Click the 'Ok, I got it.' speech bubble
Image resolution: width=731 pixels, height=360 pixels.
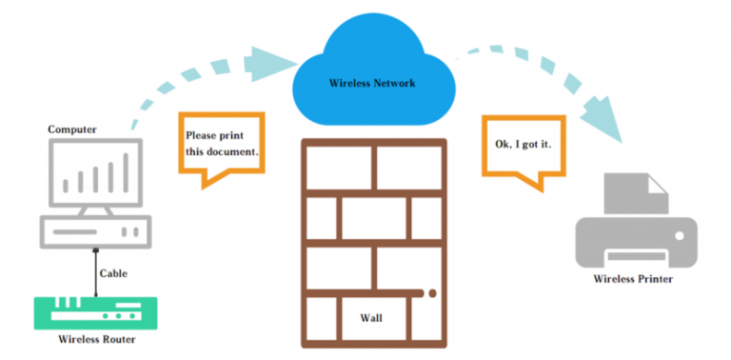[523, 144]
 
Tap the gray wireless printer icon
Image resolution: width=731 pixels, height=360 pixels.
[635, 225]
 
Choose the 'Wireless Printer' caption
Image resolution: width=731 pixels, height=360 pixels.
[634, 279]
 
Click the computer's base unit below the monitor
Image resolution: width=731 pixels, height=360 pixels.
[94, 231]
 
